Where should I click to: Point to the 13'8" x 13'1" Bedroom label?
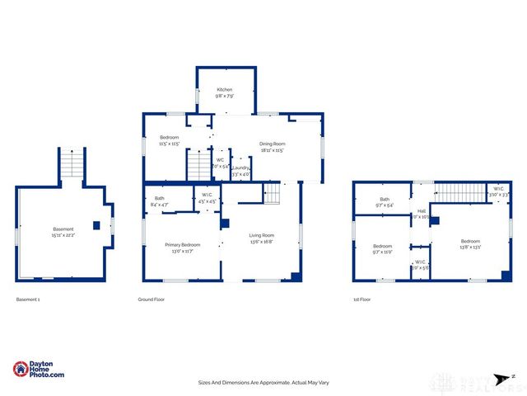(466, 243)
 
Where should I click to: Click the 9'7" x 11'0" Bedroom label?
(383, 249)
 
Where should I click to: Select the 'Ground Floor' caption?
(151, 299)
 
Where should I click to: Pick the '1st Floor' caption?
(361, 299)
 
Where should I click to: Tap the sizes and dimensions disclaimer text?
(263, 382)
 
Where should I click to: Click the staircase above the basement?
(72, 164)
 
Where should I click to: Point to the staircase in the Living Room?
(273, 194)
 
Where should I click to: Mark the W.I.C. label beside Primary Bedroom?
(208, 199)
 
